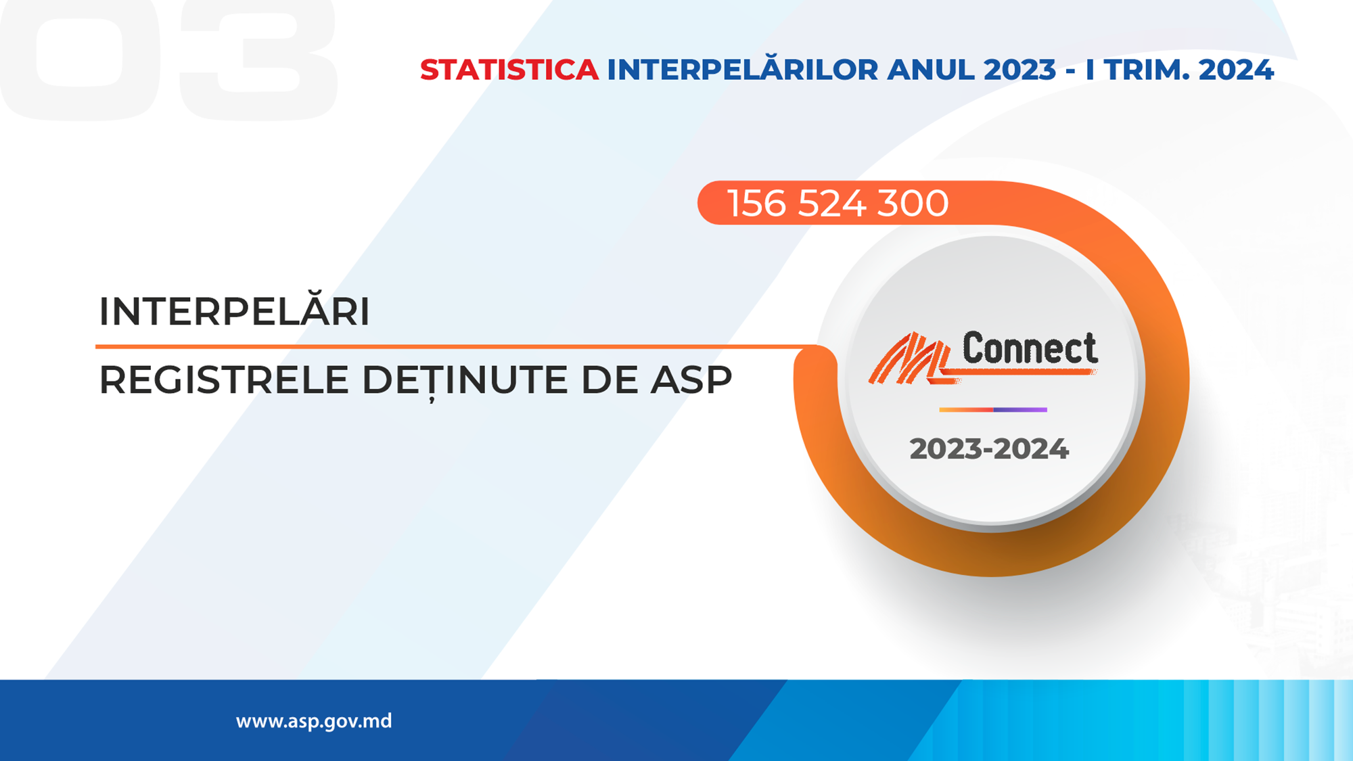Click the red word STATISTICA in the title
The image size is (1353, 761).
tap(509, 70)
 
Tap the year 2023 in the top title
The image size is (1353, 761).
tap(1019, 70)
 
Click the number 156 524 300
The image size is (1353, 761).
tap(838, 203)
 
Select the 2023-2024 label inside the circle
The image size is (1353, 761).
tap(989, 449)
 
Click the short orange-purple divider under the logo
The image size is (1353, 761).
tap(993, 410)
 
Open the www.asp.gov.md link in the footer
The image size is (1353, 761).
tap(314, 721)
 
